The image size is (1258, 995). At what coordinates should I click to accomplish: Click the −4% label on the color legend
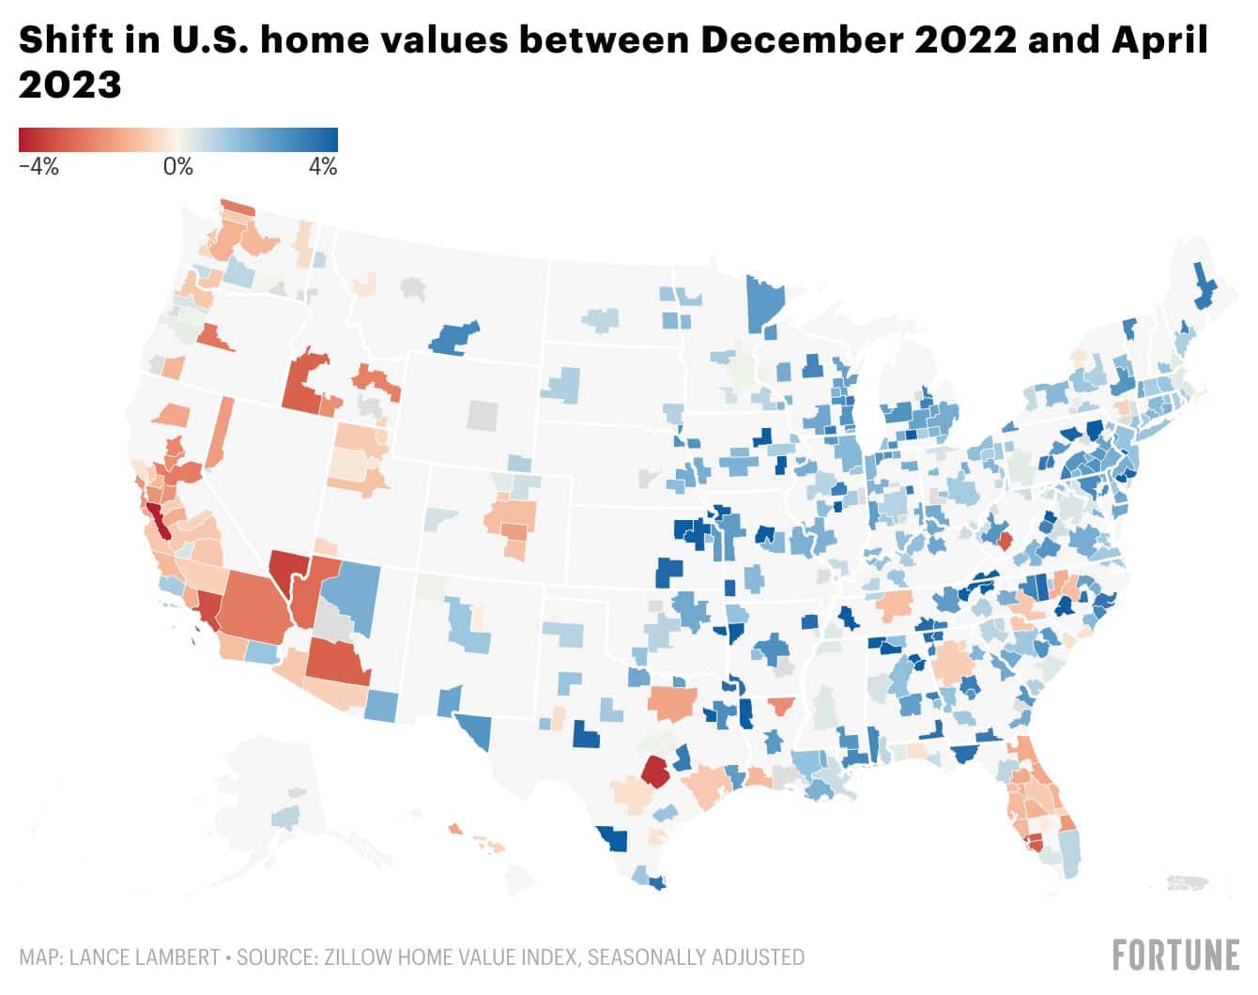(38, 167)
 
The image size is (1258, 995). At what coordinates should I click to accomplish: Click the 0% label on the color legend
(177, 167)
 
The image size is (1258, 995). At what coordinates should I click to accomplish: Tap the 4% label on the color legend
(322, 167)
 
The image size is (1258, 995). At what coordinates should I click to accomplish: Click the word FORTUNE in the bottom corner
(1175, 956)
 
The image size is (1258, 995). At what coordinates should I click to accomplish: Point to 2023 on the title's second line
(70, 85)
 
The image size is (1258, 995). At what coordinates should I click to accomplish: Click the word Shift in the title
(58, 40)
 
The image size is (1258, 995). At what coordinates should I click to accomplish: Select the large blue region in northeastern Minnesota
(766, 300)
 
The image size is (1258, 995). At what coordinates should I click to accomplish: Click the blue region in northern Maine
(1203, 287)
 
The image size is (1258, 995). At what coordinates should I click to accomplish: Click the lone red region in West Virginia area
(1005, 541)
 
